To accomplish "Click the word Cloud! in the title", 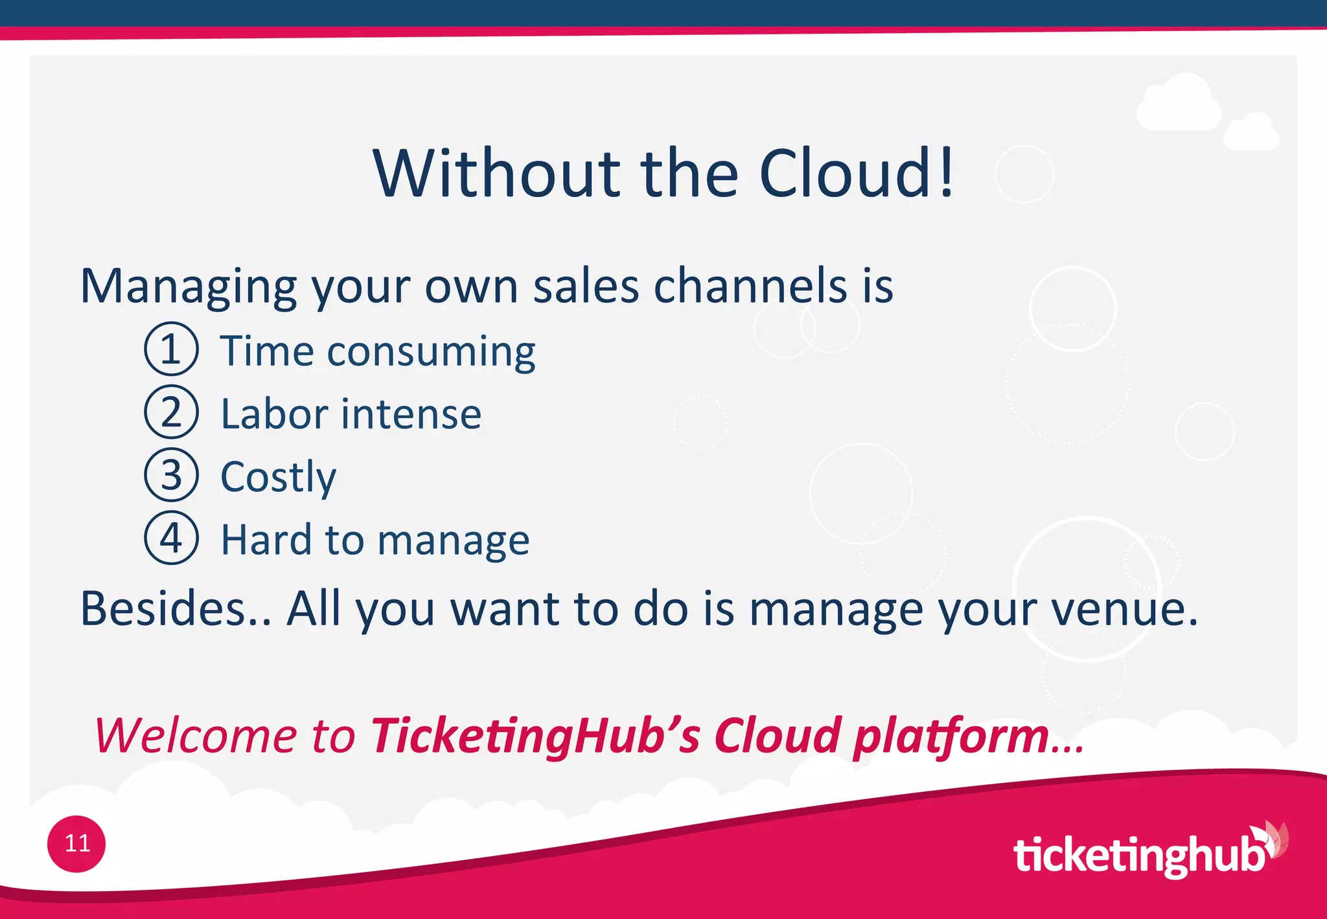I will click(x=857, y=174).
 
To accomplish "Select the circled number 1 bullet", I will click(x=171, y=349).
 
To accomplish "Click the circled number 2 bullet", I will click(x=171, y=412).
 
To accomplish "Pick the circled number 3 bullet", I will click(x=171, y=475).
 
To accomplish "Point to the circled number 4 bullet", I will click(x=171, y=538).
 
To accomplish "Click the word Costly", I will click(x=279, y=478).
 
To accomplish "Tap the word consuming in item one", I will click(x=431, y=352).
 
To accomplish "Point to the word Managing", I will click(x=189, y=286).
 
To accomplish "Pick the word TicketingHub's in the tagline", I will click(x=535, y=736).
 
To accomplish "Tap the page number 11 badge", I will click(x=76, y=844).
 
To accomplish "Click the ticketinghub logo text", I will click(x=1138, y=855).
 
